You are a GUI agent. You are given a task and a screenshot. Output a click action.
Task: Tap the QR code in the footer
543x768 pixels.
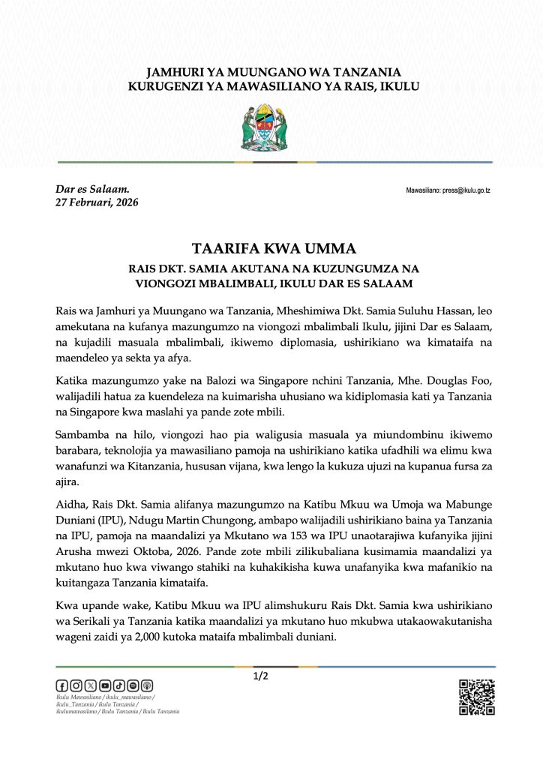tap(477, 697)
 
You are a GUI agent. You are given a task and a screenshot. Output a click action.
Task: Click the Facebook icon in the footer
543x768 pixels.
tap(62, 685)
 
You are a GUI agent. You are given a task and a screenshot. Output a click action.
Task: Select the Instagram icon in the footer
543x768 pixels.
tap(76, 685)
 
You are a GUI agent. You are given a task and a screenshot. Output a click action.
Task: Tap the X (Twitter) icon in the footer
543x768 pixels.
tap(90, 685)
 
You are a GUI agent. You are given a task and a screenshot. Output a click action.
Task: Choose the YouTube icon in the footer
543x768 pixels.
tap(104, 685)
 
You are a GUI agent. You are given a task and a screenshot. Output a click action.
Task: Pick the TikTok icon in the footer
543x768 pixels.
tap(118, 685)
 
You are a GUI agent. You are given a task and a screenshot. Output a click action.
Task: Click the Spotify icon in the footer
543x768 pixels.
tap(133, 685)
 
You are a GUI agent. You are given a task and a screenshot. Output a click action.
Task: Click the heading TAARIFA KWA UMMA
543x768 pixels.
tap(271, 248)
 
